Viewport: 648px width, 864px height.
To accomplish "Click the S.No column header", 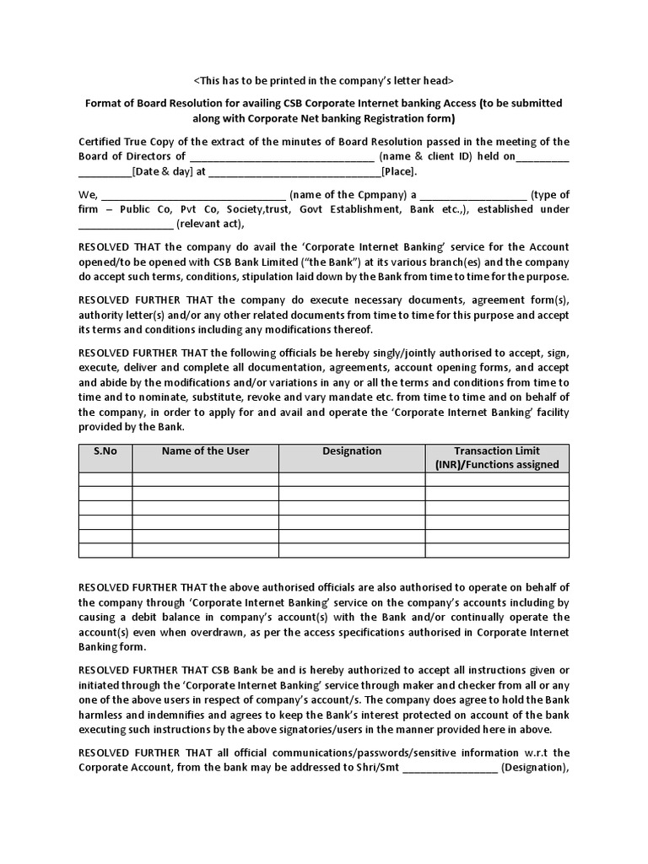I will click(x=105, y=451).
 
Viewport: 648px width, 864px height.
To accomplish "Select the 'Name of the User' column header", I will click(x=205, y=451).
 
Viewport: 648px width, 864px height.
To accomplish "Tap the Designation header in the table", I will click(x=352, y=451).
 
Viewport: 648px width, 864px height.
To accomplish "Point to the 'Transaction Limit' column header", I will click(x=497, y=451).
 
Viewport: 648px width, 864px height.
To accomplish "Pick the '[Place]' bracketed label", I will click(x=398, y=171).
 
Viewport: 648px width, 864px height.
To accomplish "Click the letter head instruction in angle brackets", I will click(x=323, y=80).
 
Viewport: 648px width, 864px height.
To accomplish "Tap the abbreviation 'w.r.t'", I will click(x=534, y=752).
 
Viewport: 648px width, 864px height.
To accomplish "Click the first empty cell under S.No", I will click(x=105, y=479).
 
